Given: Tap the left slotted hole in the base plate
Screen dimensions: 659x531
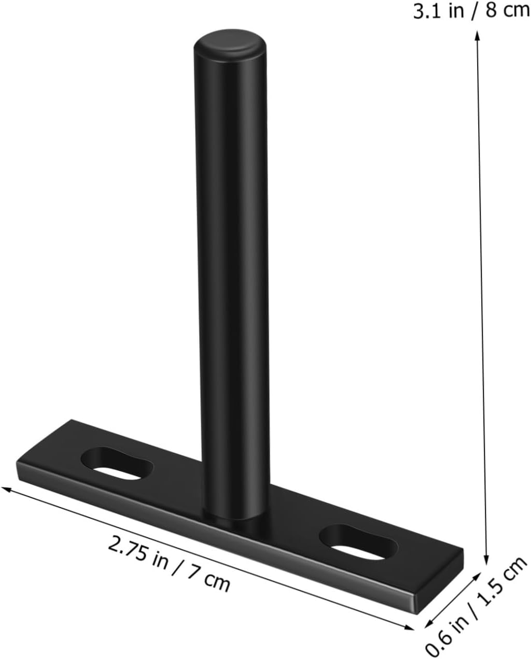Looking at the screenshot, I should pyautogui.click(x=118, y=463).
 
